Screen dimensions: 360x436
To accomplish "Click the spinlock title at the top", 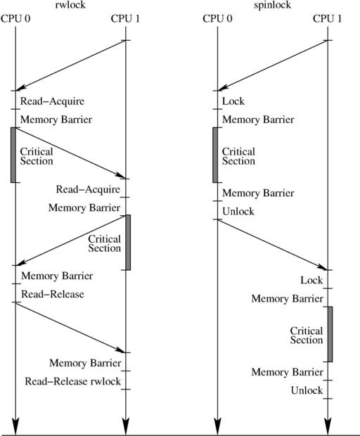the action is coord(272,6).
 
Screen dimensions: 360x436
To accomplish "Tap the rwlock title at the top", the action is coord(70,5).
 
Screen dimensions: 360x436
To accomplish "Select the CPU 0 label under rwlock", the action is coord(15,18).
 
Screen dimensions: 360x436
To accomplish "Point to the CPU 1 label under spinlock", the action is coord(328,18).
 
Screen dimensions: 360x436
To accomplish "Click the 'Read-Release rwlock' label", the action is coord(73,381).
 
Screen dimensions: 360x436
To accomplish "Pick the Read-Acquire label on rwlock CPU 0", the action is coord(52,101).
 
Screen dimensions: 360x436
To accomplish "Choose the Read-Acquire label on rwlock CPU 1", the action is coord(88,189).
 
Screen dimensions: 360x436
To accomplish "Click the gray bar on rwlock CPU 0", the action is coord(13,155).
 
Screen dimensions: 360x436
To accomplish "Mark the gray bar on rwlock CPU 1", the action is coord(128,242).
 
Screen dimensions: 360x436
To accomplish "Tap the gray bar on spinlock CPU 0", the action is coord(215,155).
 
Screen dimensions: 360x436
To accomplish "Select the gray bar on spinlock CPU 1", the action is coord(330,334).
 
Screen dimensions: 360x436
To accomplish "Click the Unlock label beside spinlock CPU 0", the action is coord(238,212).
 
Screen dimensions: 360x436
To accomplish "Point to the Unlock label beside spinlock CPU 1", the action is coord(307,391).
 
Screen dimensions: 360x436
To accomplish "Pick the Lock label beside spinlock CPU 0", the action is coord(233,101).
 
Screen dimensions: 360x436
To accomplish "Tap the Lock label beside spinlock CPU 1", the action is coord(311,281).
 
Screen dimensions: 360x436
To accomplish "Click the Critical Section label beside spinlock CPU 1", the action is coord(307,335).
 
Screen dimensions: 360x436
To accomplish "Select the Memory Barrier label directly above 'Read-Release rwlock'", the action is coord(85,363).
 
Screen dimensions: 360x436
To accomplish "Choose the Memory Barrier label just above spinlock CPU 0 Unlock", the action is coord(258,193).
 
